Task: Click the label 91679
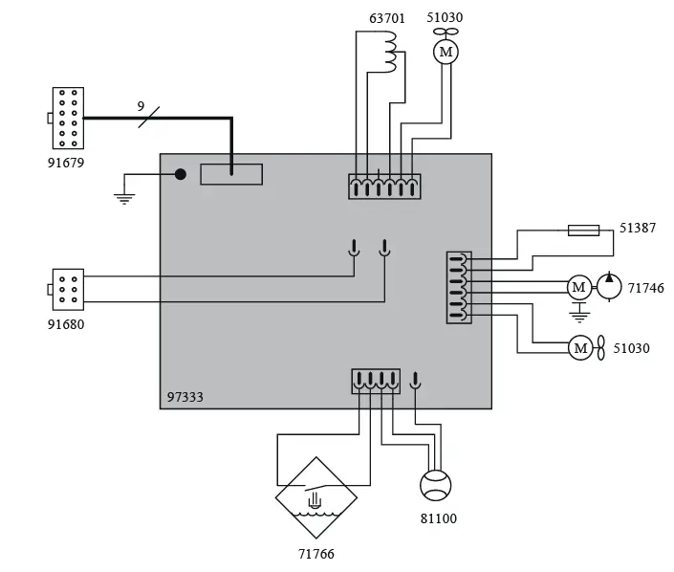(67, 163)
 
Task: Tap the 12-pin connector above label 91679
(67, 119)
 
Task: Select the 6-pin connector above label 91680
(68, 287)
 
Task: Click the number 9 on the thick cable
(141, 107)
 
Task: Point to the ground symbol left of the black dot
(122, 197)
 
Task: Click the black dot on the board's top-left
(180, 174)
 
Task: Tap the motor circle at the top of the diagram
(445, 52)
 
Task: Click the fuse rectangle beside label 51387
(583, 230)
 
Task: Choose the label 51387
(639, 230)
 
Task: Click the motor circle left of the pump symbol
(578, 287)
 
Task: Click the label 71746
(645, 287)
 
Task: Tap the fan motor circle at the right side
(580, 348)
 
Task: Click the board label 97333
(185, 396)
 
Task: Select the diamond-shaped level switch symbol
(316, 498)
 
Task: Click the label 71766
(316, 554)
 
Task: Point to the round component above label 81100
(435, 485)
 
